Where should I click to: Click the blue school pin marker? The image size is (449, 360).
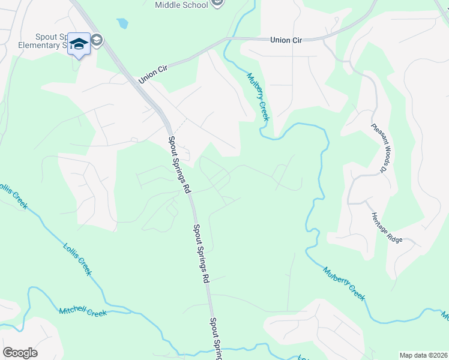click(79, 44)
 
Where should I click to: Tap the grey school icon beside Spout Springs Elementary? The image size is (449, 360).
click(97, 41)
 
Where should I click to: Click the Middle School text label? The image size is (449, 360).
click(181, 5)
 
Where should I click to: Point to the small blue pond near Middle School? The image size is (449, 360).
click(122, 23)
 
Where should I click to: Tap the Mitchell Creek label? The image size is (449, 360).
click(82, 312)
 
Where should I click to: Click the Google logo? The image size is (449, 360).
click(20, 353)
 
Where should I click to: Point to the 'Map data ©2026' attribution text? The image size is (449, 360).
click(423, 355)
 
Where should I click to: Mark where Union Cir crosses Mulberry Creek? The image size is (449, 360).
click(228, 40)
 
